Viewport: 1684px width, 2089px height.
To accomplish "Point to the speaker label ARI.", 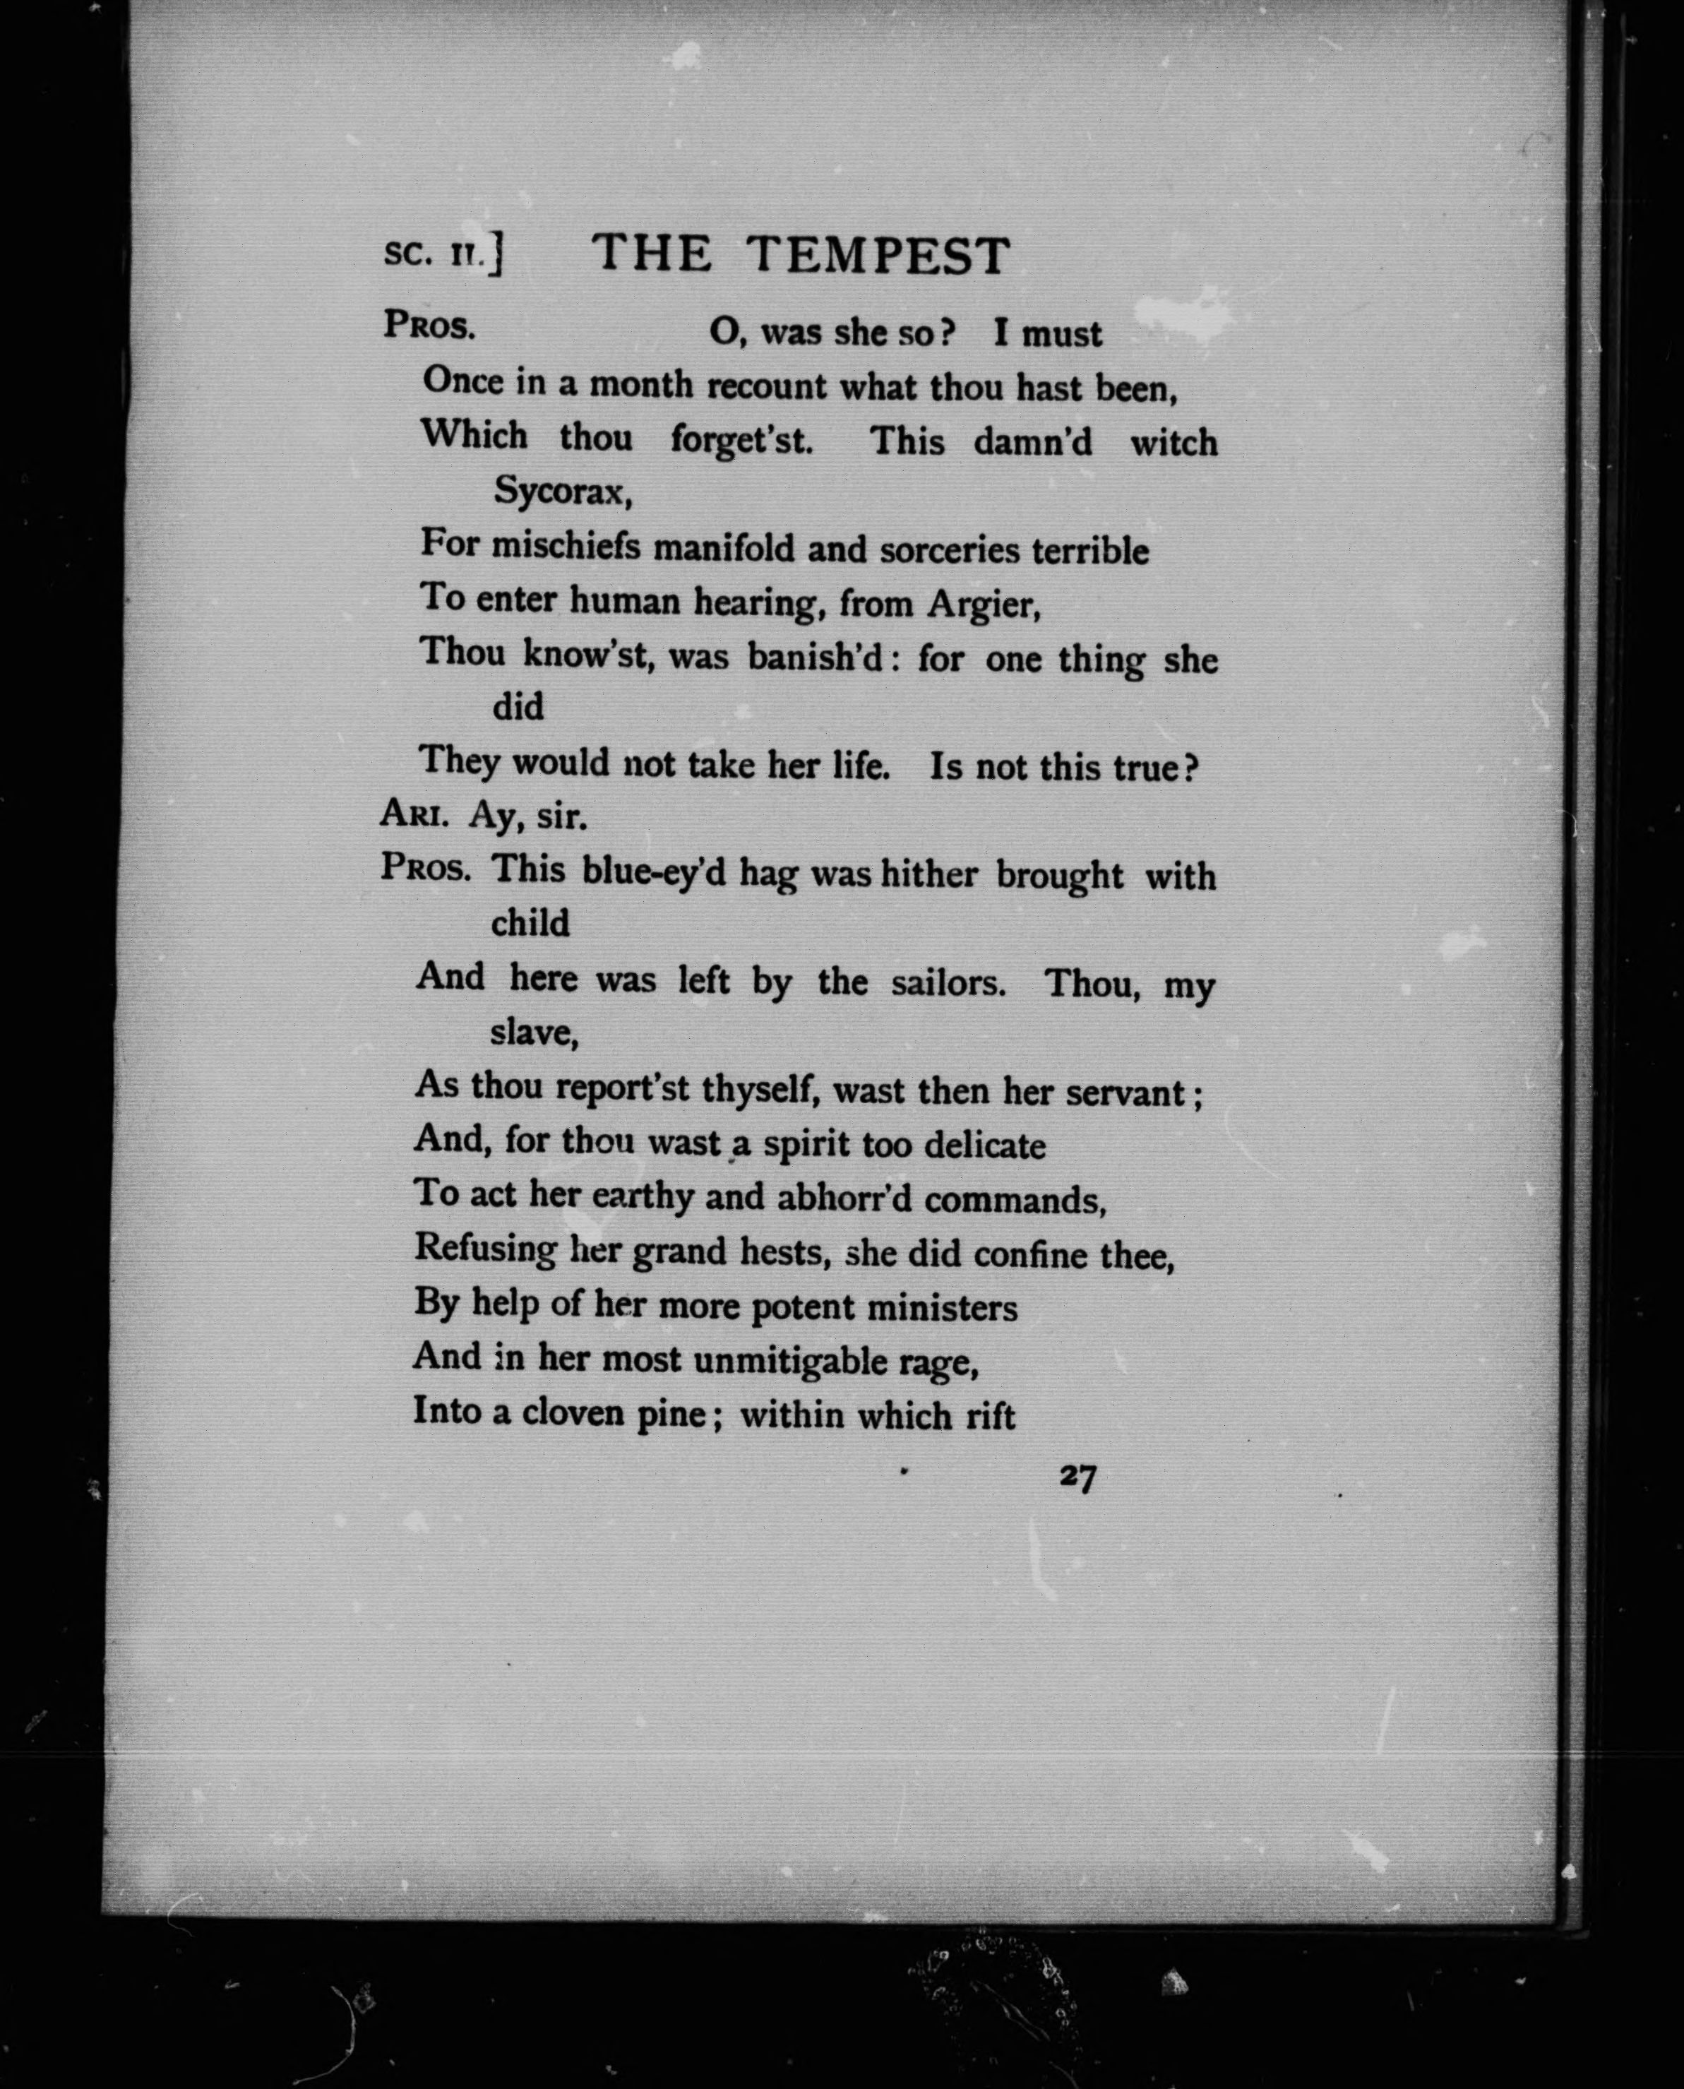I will pyautogui.click(x=414, y=815).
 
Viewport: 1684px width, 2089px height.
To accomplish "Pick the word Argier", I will pyautogui.click(x=984, y=605).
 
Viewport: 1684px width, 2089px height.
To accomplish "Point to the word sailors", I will pyautogui.click(x=948, y=983).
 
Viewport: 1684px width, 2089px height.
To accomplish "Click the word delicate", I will pyautogui.click(x=984, y=1146).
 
